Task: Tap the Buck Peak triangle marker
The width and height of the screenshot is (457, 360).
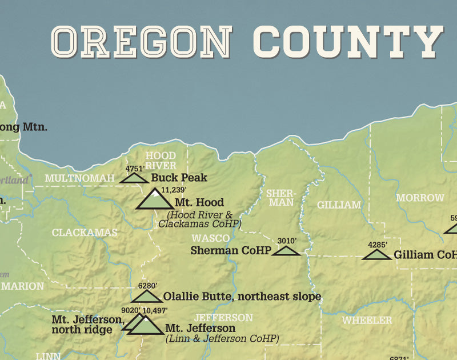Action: [135, 178]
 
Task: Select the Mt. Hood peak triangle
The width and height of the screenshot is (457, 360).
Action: [154, 201]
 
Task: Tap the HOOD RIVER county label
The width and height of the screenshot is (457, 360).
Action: [161, 161]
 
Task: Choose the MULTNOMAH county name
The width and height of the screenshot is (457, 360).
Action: [79, 179]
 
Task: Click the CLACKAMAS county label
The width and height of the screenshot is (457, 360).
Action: [84, 233]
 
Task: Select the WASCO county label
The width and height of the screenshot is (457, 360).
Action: [210, 238]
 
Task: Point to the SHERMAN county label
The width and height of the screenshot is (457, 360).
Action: [280, 198]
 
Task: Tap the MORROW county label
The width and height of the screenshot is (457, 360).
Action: [420, 198]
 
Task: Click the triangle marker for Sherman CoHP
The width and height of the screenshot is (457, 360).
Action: [286, 251]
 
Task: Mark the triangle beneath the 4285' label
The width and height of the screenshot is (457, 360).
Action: [377, 255]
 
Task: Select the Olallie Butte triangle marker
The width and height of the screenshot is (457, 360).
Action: [147, 297]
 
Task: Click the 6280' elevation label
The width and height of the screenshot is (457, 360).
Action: [147, 286]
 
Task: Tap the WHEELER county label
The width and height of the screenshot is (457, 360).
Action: [367, 321]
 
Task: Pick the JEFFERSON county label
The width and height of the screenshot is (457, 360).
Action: [223, 318]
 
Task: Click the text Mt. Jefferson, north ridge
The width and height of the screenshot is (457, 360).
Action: [87, 325]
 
